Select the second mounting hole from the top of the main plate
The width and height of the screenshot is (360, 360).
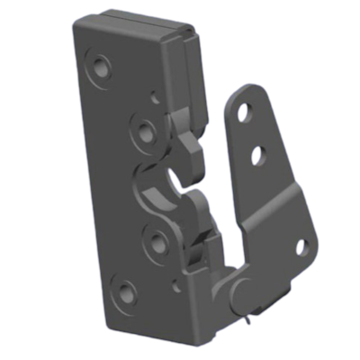(142, 130)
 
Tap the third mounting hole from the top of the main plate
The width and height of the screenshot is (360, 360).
(154, 239)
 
